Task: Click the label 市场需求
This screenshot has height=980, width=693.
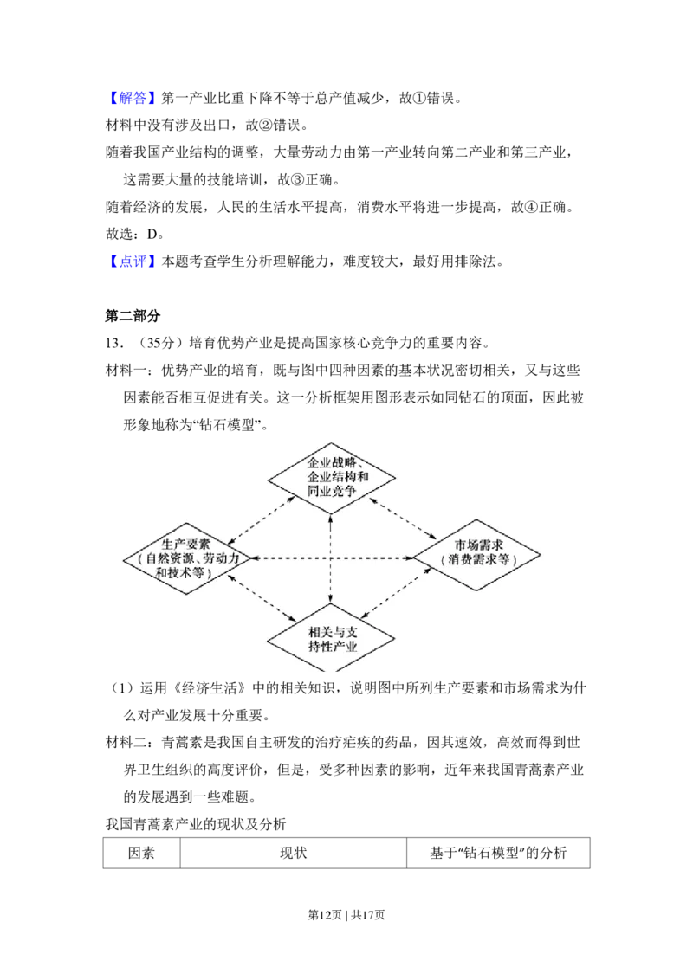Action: [x=478, y=545]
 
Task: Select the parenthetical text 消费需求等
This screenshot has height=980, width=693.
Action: [x=478, y=560]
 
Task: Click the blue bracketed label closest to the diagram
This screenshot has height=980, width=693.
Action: [x=134, y=261]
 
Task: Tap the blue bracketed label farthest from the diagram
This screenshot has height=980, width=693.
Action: [x=134, y=100]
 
